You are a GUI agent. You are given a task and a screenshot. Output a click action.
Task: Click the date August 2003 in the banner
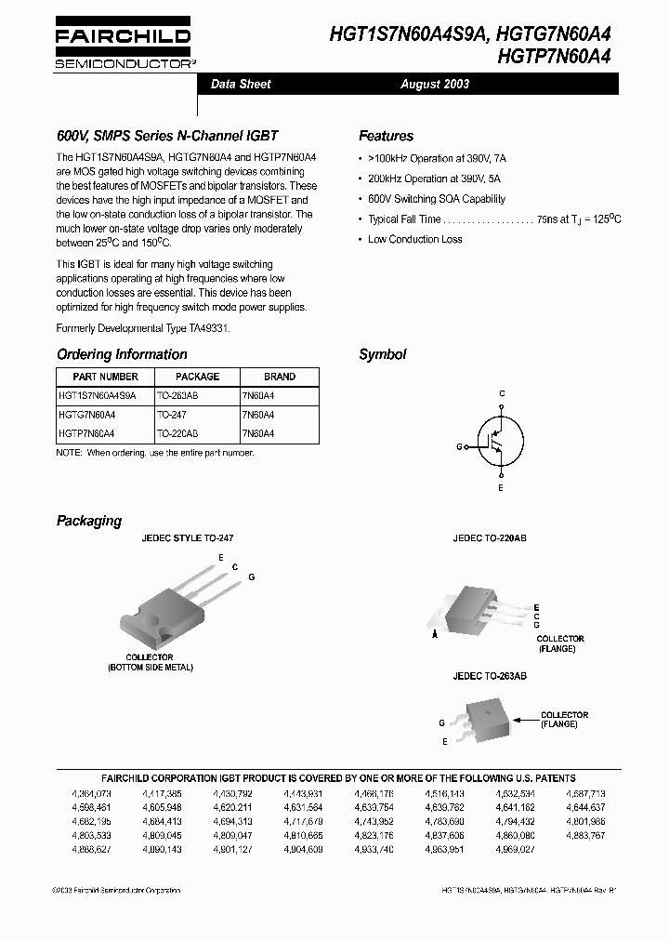[x=435, y=84]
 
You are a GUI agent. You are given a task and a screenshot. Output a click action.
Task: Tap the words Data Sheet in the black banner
[x=241, y=84]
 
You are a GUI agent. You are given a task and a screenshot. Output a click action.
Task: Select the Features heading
[x=386, y=136]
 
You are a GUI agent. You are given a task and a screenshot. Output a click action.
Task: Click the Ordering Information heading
[x=122, y=354]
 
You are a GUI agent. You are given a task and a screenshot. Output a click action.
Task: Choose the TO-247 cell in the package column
[x=171, y=414]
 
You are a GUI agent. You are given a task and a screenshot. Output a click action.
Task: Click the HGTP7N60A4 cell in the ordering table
[x=86, y=433]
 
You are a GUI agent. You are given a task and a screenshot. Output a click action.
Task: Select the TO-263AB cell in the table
[x=177, y=395]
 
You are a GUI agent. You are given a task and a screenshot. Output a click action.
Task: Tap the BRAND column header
[x=280, y=377]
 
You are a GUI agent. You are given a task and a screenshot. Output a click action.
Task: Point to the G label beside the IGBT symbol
[x=459, y=446]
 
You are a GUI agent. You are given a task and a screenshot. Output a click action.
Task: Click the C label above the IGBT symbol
[x=502, y=394]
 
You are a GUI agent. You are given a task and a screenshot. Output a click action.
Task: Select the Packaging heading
[x=89, y=521]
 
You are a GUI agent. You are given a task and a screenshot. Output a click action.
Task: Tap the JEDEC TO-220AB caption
[x=490, y=538]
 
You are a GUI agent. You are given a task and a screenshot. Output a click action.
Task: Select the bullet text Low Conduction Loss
[x=414, y=240]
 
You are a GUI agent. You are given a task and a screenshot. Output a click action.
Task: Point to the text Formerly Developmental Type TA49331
[x=143, y=328]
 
